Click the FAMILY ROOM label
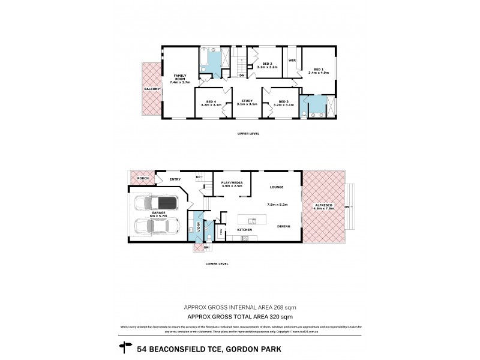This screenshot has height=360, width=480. click(179, 76)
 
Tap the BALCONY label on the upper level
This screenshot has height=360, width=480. click(151, 89)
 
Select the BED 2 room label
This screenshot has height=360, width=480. click(268, 64)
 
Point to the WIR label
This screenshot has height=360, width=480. click(292, 61)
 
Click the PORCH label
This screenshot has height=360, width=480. click(142, 178)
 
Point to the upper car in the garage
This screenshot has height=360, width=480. click(155, 204)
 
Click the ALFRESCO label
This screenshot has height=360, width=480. click(324, 206)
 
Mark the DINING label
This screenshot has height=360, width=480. click(284, 226)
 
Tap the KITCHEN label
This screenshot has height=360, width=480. click(244, 230)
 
